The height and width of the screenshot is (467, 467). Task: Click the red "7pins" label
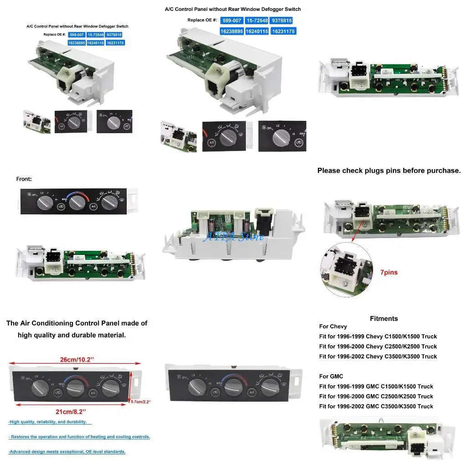389,272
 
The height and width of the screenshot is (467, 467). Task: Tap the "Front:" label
24,179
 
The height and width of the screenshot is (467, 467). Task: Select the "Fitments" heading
384,319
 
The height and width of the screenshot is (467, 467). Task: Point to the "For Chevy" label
333,327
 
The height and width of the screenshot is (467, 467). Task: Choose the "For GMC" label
331,376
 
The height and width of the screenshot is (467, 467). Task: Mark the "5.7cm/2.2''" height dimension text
140,402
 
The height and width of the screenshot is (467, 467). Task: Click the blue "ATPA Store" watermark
234,236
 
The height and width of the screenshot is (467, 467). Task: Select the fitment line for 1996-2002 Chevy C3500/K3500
378,357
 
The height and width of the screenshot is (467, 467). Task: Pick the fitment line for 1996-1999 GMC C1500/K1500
376,387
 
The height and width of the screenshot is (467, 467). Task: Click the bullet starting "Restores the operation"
79,437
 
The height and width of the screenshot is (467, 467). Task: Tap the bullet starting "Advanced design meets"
67,451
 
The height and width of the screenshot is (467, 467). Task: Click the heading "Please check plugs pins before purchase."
389,171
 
